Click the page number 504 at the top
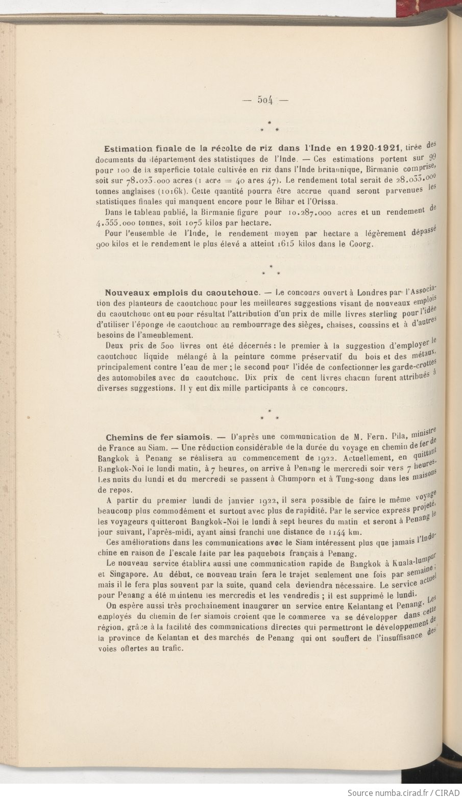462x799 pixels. coord(265,100)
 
